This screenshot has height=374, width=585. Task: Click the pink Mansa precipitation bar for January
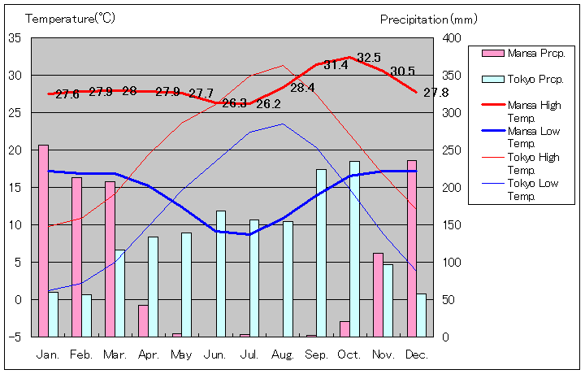43,241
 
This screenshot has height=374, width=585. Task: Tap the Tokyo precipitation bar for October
354,249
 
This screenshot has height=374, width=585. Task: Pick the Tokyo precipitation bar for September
321,253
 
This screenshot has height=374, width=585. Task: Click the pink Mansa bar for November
378,294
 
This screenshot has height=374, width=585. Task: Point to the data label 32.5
369,58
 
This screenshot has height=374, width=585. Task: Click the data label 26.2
268,104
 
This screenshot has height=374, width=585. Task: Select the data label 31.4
336,65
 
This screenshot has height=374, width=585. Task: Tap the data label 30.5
402,72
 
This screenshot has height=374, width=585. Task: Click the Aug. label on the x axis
284,354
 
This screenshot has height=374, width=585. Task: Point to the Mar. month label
115,354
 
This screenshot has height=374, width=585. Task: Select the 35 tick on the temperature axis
15,38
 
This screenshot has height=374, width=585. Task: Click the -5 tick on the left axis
15,337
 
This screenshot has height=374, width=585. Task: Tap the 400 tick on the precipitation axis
451,38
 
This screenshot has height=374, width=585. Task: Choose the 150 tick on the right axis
451,225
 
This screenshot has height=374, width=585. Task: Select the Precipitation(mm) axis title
426,19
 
